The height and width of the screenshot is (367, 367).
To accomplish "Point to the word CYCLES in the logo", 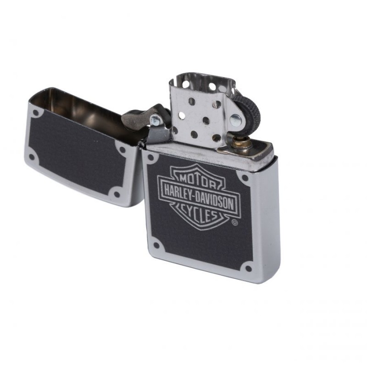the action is tap(199, 212).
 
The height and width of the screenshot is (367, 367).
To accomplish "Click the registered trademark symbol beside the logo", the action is tap(235, 222).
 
